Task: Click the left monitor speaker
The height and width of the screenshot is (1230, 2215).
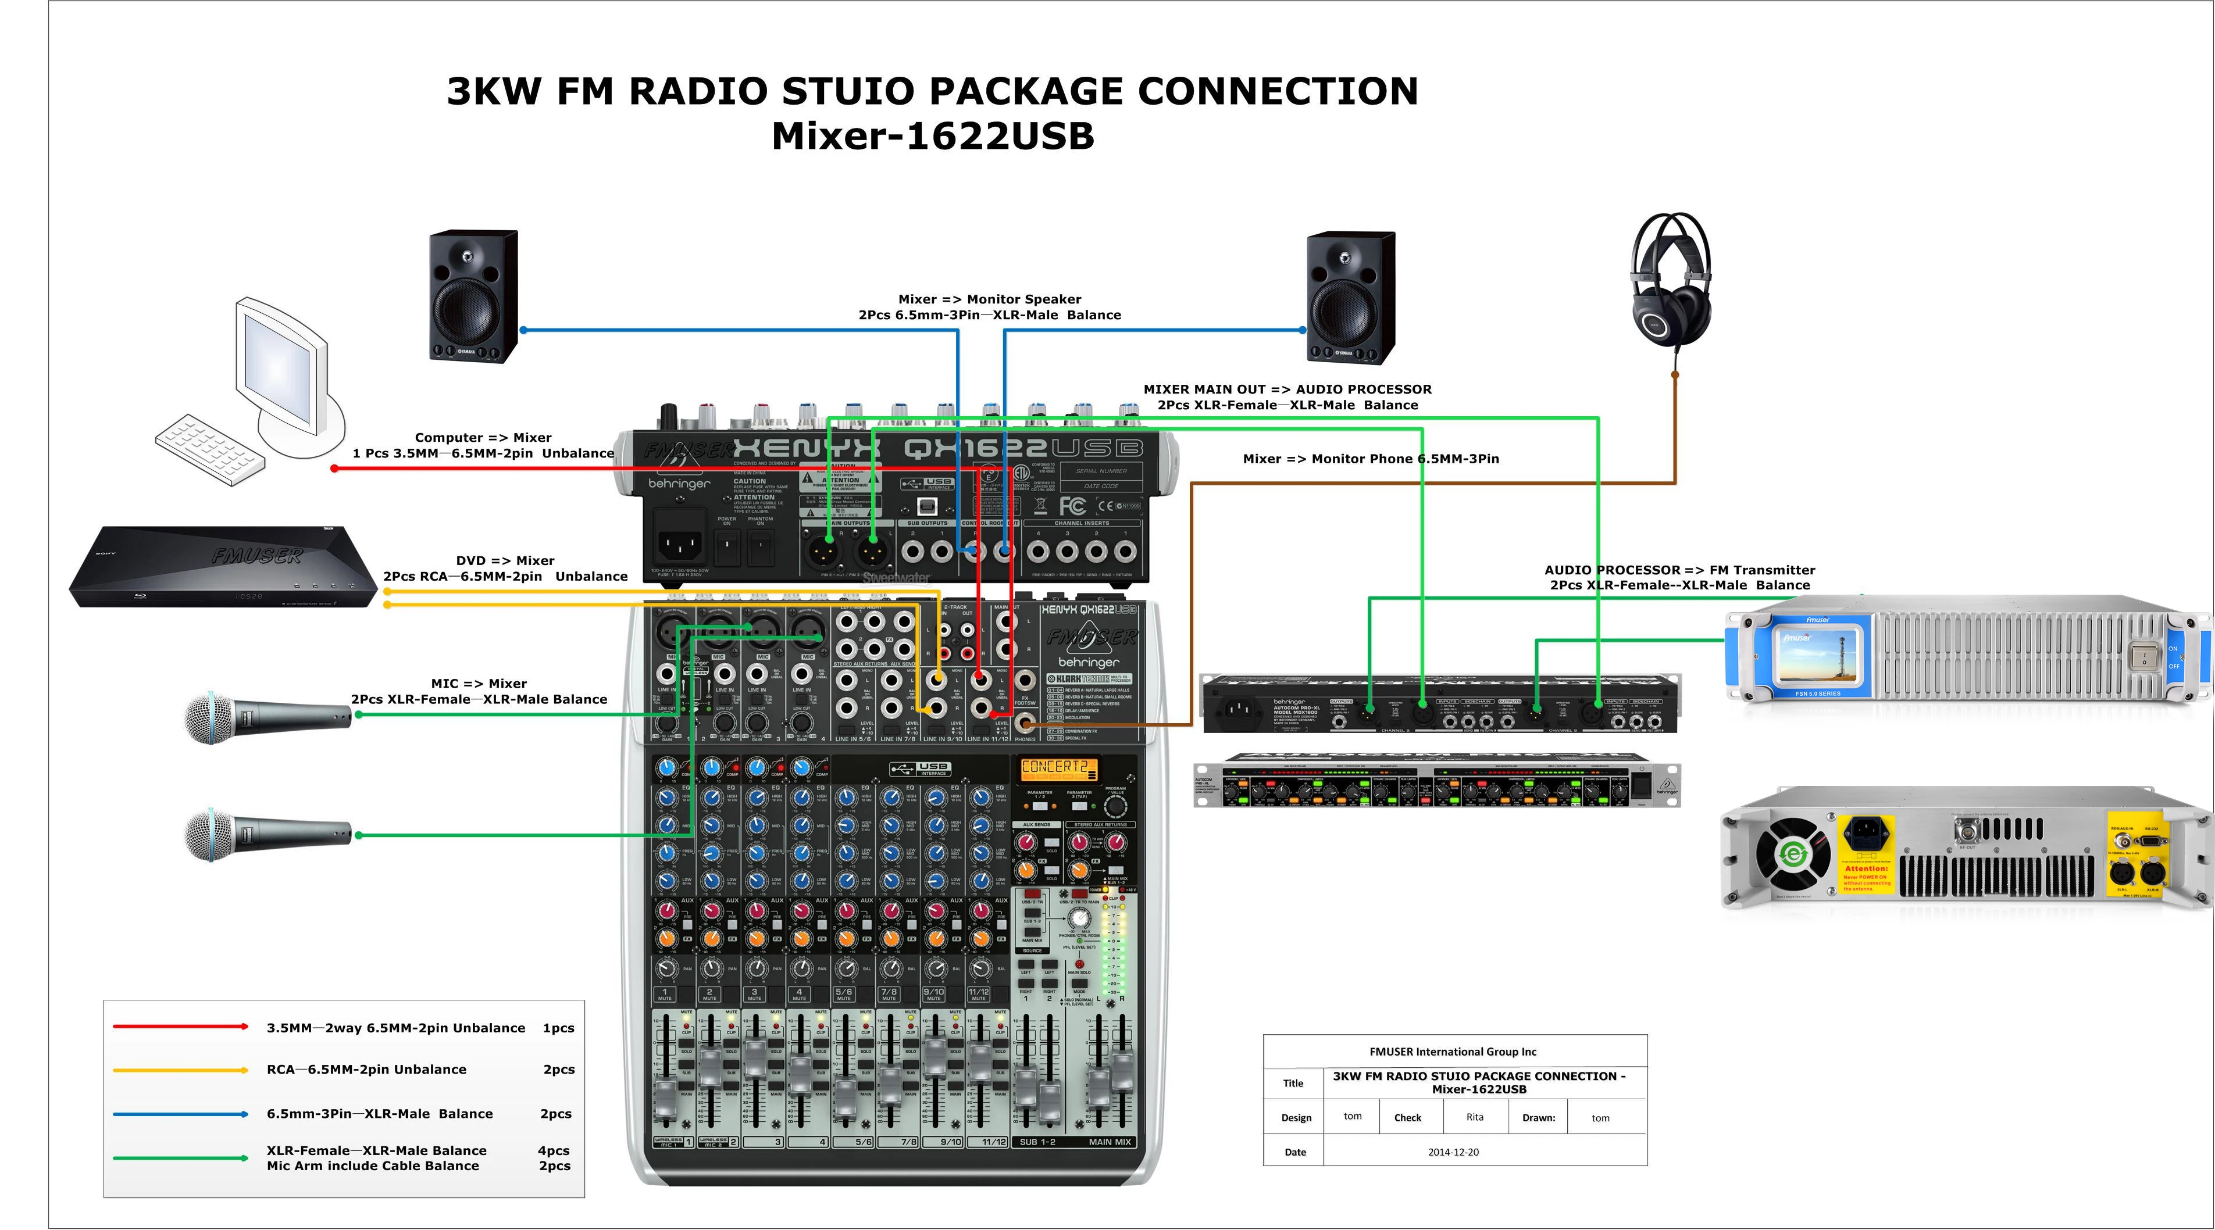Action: pos(474,296)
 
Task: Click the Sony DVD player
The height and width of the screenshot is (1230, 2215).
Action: pos(223,567)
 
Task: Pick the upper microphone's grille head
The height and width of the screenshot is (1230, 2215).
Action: pos(209,718)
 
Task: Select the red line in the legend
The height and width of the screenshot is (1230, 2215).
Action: pos(181,1027)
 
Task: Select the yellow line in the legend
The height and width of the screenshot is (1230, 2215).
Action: pos(181,1069)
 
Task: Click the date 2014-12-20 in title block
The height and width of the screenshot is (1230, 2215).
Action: pos(1453,1152)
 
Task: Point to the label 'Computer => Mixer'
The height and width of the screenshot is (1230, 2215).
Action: pos(483,438)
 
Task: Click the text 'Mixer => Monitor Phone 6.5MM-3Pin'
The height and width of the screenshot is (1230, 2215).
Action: pos(1371,459)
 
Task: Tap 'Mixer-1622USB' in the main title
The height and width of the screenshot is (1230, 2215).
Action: pos(932,137)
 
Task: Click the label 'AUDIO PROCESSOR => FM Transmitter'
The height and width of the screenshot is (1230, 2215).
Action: pos(1679,570)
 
